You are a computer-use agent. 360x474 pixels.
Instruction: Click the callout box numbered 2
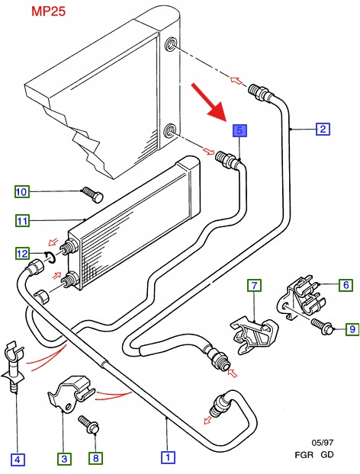[x=323, y=129]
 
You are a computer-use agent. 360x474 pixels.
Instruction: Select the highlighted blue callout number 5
[x=239, y=131]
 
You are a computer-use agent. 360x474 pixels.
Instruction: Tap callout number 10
[x=22, y=191]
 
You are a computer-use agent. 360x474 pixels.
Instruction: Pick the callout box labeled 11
[x=22, y=221]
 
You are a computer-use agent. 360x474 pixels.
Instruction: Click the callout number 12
[x=22, y=253]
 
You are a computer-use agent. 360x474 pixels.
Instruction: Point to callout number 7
[x=255, y=285]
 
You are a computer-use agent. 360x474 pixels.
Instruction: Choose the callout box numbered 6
[x=346, y=284]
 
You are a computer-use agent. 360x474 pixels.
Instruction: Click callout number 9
[x=352, y=328]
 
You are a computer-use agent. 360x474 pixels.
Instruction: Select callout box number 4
[x=18, y=460]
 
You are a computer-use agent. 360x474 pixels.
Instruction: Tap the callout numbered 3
[x=64, y=459]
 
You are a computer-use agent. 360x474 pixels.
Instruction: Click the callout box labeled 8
[x=95, y=458]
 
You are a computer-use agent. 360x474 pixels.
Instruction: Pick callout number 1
[x=168, y=456]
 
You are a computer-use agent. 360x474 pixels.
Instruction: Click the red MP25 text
[x=48, y=11]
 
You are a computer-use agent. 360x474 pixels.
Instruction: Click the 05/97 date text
[x=323, y=443]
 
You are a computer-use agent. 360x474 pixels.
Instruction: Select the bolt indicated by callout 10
[x=92, y=194]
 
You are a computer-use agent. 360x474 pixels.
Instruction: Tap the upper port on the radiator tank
[x=171, y=44]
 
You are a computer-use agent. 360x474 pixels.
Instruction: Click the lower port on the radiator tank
[x=171, y=130]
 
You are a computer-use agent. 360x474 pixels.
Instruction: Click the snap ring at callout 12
[x=50, y=258]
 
